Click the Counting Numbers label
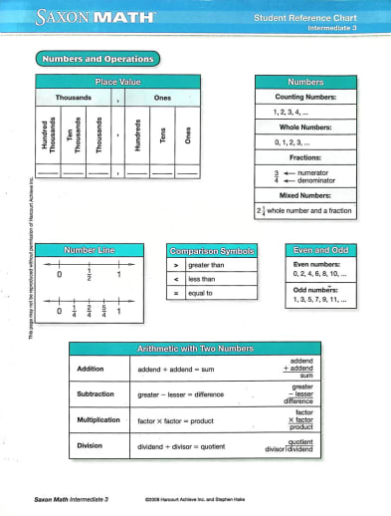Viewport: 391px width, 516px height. click(x=305, y=98)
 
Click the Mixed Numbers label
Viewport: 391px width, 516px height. click(x=305, y=197)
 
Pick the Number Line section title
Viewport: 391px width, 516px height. click(x=91, y=250)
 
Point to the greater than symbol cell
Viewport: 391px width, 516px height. click(x=175, y=266)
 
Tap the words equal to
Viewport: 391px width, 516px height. click(x=204, y=294)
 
